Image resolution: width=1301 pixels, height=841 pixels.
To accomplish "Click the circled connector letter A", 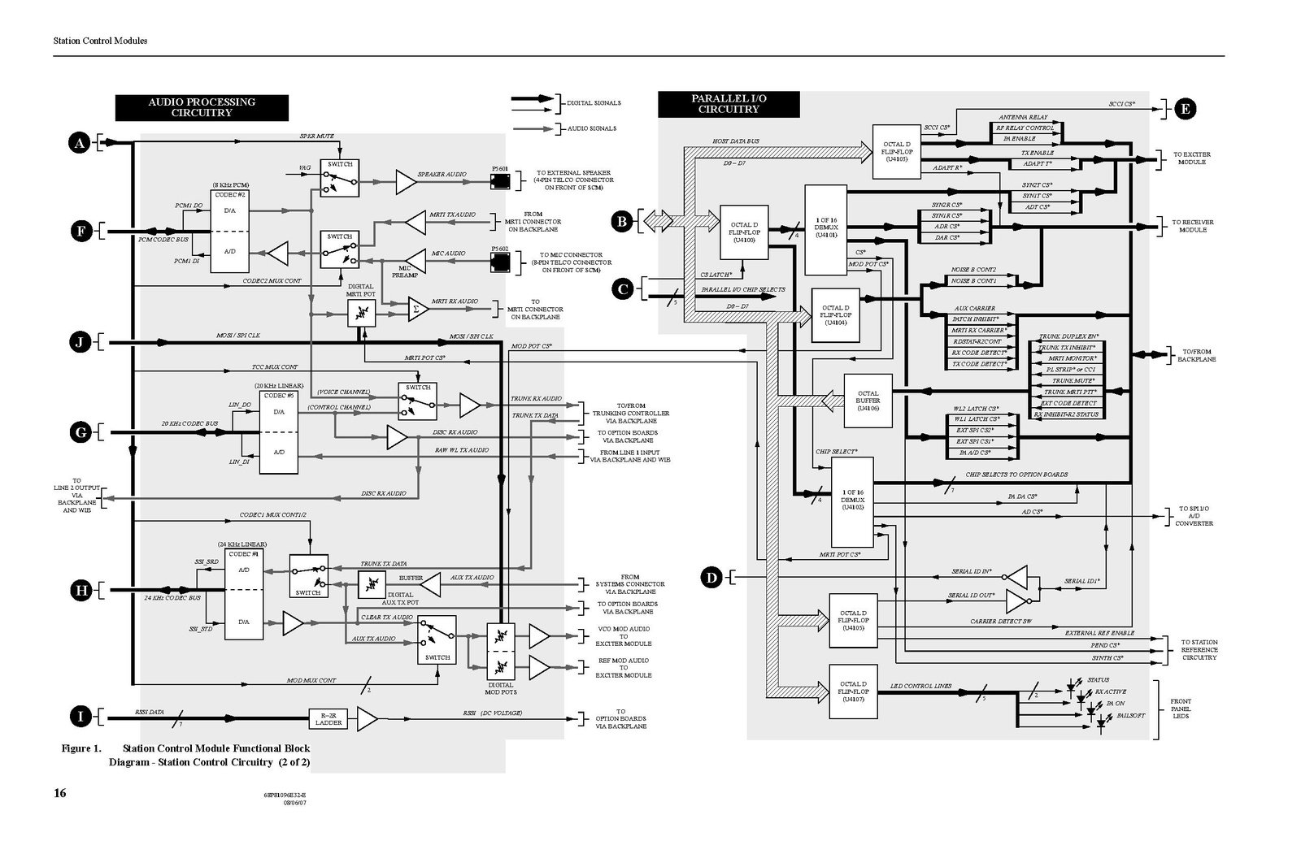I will [79, 144].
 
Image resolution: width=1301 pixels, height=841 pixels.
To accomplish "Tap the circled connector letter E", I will [1185, 109].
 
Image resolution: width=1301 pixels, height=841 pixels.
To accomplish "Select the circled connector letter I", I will [80, 716].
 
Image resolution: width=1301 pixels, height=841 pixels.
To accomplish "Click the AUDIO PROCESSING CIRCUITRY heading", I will [202, 107].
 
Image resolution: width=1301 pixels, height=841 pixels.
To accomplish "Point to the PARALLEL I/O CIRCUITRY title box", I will [729, 104].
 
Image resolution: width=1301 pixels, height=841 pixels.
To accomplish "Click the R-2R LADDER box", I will [329, 718].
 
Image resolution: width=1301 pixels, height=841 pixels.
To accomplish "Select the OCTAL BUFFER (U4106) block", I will [868, 401].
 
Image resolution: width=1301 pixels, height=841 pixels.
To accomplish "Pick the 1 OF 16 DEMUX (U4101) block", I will [826, 230].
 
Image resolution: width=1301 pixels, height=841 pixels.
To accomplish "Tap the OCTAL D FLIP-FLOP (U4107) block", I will [853, 691].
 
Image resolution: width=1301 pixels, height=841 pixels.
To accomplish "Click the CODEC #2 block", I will [230, 232].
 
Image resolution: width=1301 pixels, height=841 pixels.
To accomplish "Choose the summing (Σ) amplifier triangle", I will [417, 308].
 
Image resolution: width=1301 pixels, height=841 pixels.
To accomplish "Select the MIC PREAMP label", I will [404, 272].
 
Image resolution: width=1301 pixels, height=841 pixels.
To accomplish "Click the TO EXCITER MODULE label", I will [1191, 158].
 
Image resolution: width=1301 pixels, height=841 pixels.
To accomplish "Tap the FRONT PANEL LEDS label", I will [1181, 709].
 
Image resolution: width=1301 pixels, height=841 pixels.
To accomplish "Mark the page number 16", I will [60, 793].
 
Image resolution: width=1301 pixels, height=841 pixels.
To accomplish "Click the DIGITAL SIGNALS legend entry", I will [594, 103].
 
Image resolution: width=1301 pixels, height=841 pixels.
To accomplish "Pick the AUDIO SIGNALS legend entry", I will [591, 128].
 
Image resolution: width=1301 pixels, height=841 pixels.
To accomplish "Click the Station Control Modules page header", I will [100, 41].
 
